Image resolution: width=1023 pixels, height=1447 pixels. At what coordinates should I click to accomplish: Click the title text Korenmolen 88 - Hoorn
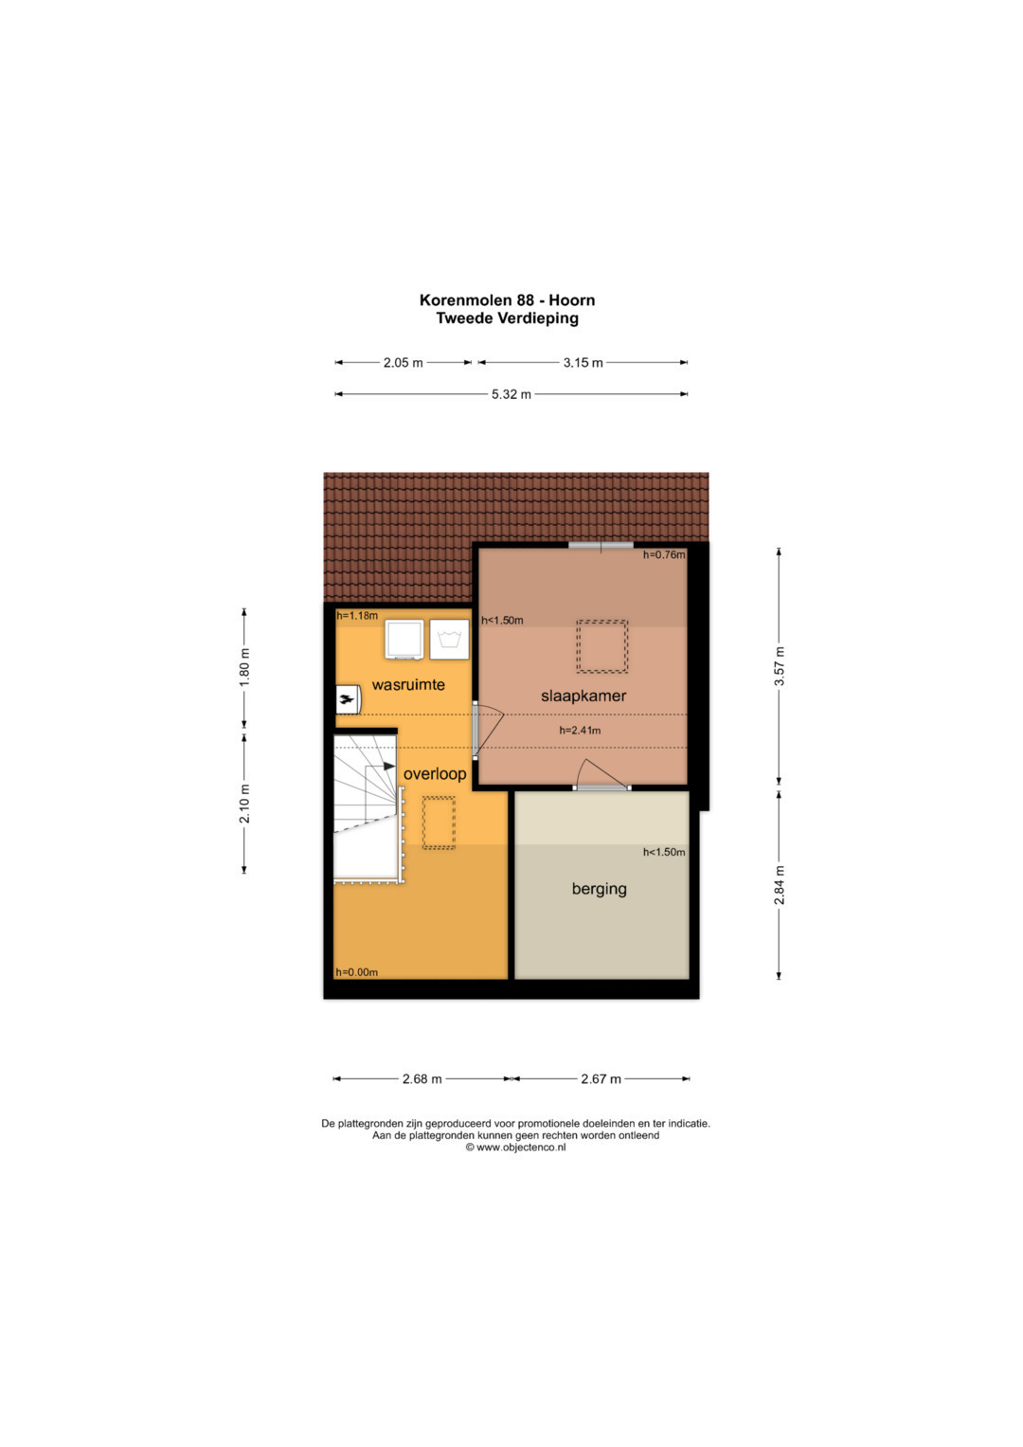(507, 299)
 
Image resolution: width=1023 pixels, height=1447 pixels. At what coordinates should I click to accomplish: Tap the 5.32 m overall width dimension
(511, 394)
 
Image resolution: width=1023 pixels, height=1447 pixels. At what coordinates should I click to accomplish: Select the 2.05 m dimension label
(403, 362)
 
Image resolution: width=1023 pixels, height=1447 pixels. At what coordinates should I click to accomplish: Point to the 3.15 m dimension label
(583, 362)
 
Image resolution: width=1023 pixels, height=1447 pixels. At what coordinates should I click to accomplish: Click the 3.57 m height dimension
(780, 666)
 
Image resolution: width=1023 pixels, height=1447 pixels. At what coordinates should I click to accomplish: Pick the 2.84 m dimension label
(780, 885)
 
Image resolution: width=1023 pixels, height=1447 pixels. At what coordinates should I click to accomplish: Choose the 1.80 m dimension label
(244, 666)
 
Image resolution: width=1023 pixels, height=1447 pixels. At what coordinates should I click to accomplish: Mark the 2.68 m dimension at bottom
(422, 1078)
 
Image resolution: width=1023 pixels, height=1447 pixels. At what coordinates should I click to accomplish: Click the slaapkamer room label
(583, 696)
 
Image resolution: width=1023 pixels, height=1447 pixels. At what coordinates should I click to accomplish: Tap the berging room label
(600, 889)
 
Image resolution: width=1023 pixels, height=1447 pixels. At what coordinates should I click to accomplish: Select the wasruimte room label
(408, 685)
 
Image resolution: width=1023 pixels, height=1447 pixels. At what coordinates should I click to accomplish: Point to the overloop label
(435, 774)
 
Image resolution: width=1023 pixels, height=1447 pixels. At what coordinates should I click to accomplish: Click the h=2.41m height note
(580, 731)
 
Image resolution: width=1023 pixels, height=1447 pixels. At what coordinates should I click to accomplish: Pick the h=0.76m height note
(664, 554)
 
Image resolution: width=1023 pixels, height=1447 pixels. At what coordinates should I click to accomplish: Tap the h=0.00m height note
(356, 972)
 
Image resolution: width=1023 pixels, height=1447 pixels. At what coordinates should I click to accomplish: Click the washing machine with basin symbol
(450, 640)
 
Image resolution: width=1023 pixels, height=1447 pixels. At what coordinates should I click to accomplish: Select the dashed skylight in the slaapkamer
(601, 646)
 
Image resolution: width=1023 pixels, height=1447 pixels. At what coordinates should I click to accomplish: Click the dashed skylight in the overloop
(440, 823)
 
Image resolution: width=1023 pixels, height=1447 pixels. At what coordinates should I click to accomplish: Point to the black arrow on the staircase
(388, 766)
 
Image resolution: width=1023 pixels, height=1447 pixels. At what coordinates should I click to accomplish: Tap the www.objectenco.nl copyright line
(515, 1148)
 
